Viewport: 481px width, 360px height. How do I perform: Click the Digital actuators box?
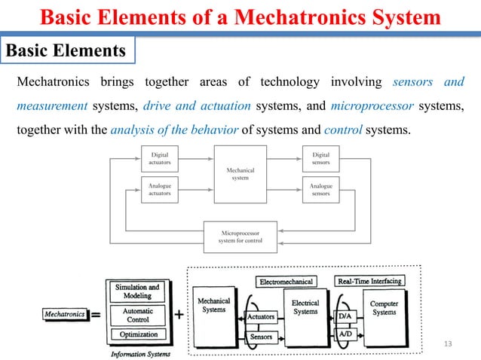pyautogui.click(x=160, y=159)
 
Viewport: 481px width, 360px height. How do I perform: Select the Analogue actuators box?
pyautogui.click(x=160, y=188)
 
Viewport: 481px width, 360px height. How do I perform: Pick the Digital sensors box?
pyautogui.click(x=320, y=159)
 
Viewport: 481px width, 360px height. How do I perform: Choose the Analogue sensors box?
pyautogui.click(x=320, y=188)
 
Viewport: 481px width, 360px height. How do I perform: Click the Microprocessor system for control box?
pyautogui.click(x=240, y=236)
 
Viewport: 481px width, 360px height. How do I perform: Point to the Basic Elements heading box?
pyautogui.click(x=67, y=50)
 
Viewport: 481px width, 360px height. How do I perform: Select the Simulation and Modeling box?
pyautogui.click(x=136, y=291)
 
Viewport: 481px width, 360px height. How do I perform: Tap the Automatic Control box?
pyautogui.click(x=136, y=314)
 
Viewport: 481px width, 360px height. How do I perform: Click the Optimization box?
pyautogui.click(x=136, y=334)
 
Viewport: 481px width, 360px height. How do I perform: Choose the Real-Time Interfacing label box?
pyautogui.click(x=369, y=281)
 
